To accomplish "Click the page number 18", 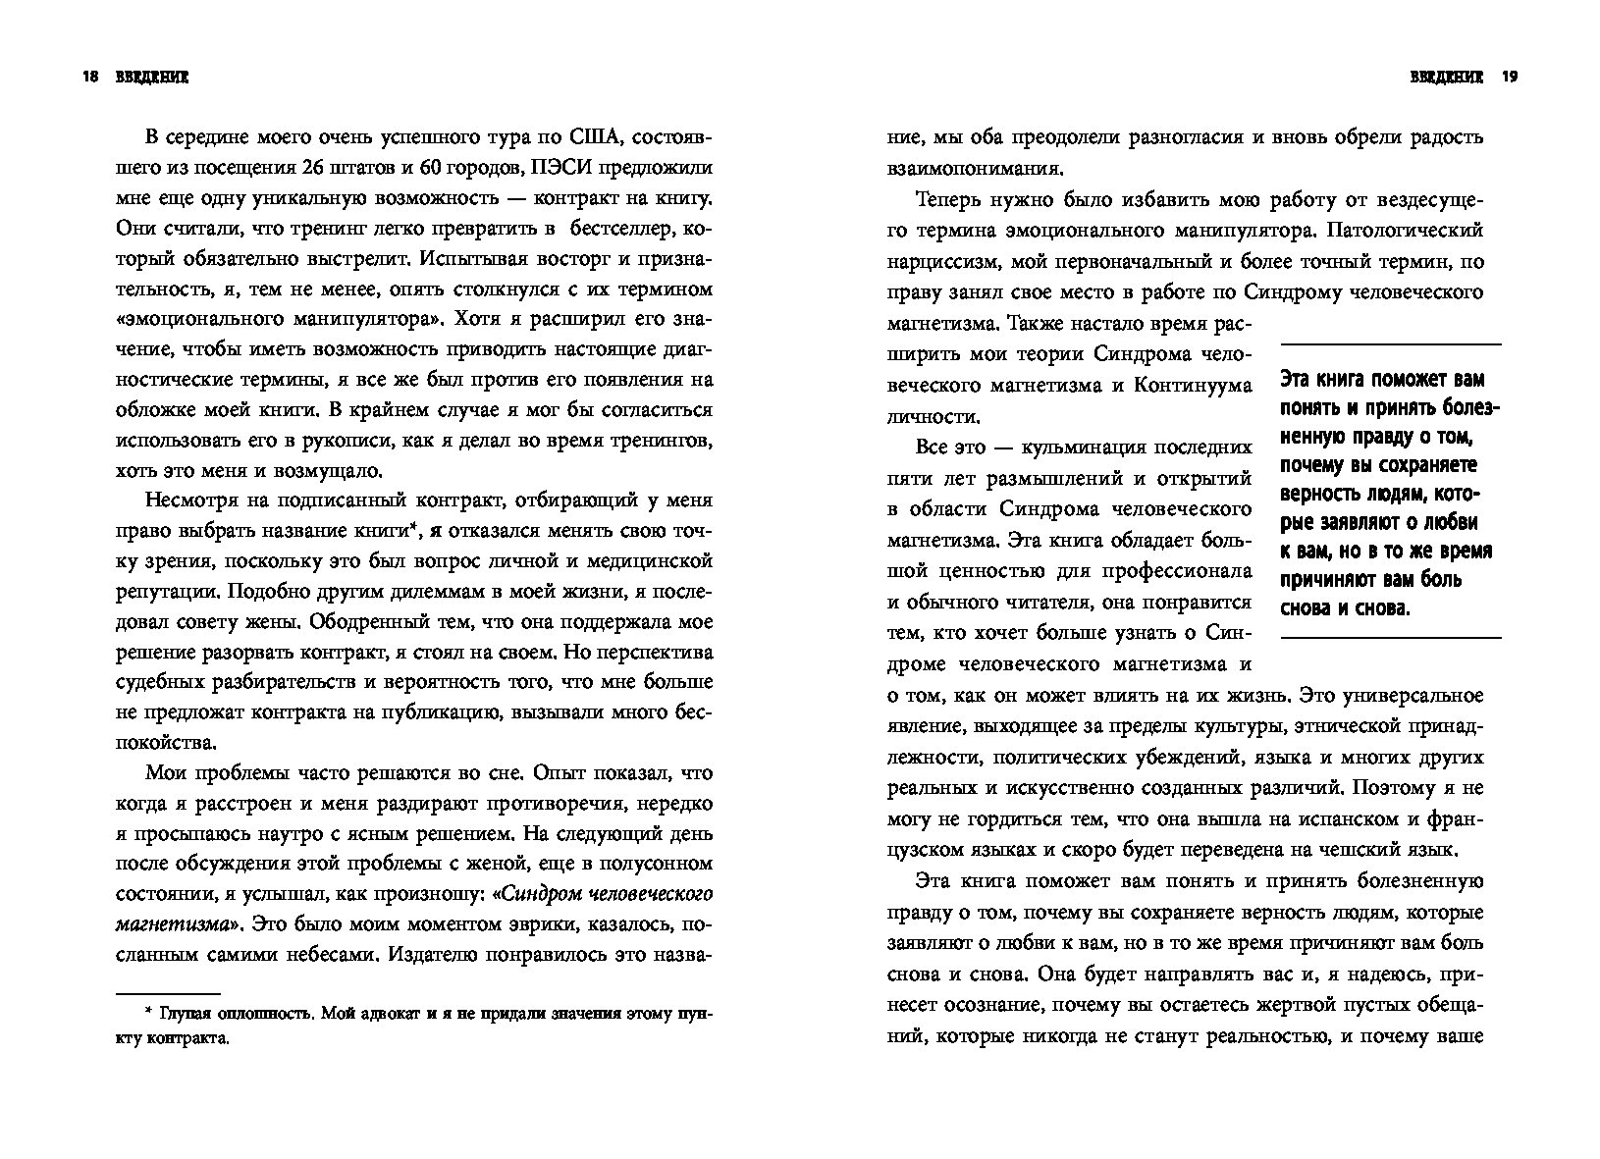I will click(91, 79).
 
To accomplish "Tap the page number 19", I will click(1510, 79).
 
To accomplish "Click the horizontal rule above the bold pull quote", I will click(1391, 343).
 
